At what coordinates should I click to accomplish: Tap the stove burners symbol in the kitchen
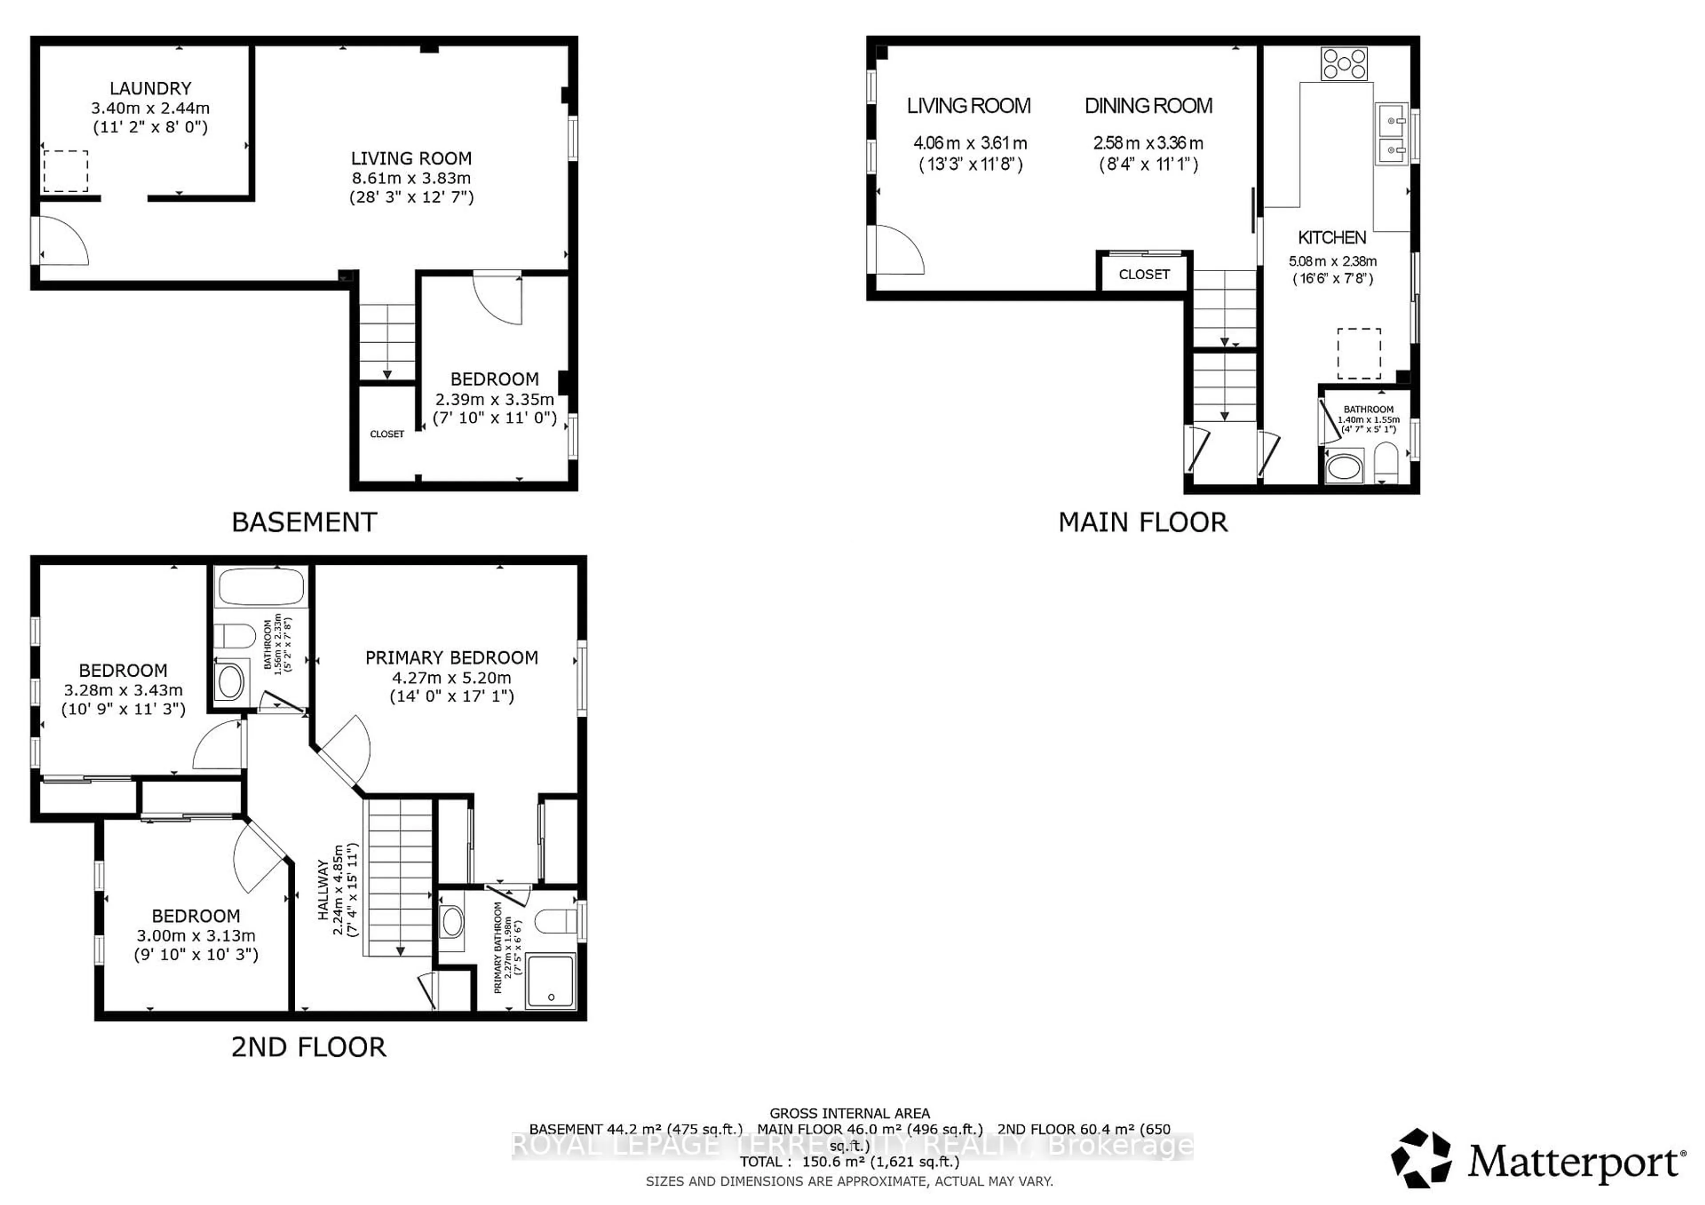pos(1344,64)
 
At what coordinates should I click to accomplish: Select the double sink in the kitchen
pos(1391,135)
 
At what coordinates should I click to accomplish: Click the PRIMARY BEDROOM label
pos(452,658)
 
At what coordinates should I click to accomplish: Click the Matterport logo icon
pos(1420,1158)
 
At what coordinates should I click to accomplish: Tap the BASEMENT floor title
pos(305,522)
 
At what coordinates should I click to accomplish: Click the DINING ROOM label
pos(1148,106)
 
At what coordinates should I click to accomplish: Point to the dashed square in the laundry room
pos(65,171)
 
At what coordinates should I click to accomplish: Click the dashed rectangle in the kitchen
pos(1359,353)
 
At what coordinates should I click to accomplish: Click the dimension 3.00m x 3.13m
pos(196,935)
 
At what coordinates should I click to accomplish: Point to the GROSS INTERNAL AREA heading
pos(849,1113)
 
